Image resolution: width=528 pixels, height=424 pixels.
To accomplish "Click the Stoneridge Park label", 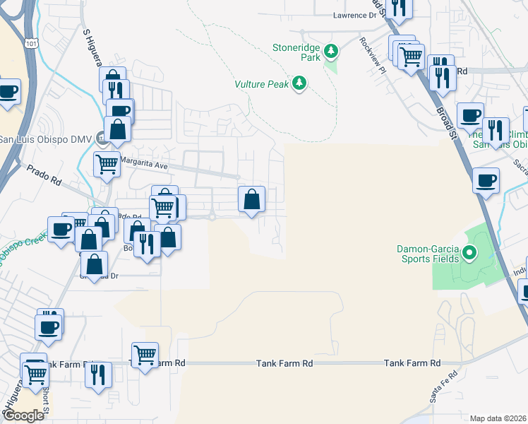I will [x=296, y=50].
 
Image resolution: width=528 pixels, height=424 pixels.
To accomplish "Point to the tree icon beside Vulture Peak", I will [x=301, y=84].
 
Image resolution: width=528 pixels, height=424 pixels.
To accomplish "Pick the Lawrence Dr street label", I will [x=356, y=15].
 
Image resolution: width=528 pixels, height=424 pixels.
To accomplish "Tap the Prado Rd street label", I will [x=44, y=175].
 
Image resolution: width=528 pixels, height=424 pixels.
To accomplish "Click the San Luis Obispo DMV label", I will [x=45, y=139].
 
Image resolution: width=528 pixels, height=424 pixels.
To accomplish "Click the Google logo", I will [x=23, y=416].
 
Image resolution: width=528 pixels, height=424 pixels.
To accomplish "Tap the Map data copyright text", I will [x=498, y=418].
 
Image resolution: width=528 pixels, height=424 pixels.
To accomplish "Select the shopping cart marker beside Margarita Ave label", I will [x=107, y=165].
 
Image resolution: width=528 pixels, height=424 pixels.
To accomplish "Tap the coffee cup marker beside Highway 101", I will [x=8, y=92].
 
